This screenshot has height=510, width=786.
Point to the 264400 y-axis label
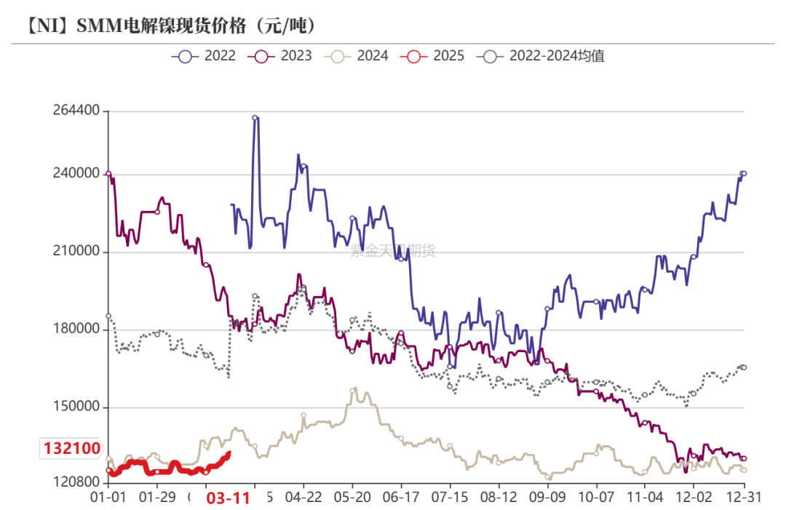[x=76, y=111]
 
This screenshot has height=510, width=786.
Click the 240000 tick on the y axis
[x=76, y=174]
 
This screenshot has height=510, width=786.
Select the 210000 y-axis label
[x=76, y=252]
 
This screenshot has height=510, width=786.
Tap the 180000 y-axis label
[x=76, y=330]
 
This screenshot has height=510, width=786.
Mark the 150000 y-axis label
[x=76, y=407]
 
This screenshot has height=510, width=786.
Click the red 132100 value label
[x=71, y=449]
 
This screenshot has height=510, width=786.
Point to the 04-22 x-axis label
[x=303, y=498]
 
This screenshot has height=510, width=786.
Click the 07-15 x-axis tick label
[x=450, y=498]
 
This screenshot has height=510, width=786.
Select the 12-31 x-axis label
[x=743, y=498]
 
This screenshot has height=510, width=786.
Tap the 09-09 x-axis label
[x=547, y=498]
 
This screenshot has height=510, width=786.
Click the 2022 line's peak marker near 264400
[x=255, y=117]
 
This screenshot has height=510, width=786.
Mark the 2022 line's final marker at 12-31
[x=743, y=173]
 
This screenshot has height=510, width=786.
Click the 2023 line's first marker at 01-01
[x=108, y=173]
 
